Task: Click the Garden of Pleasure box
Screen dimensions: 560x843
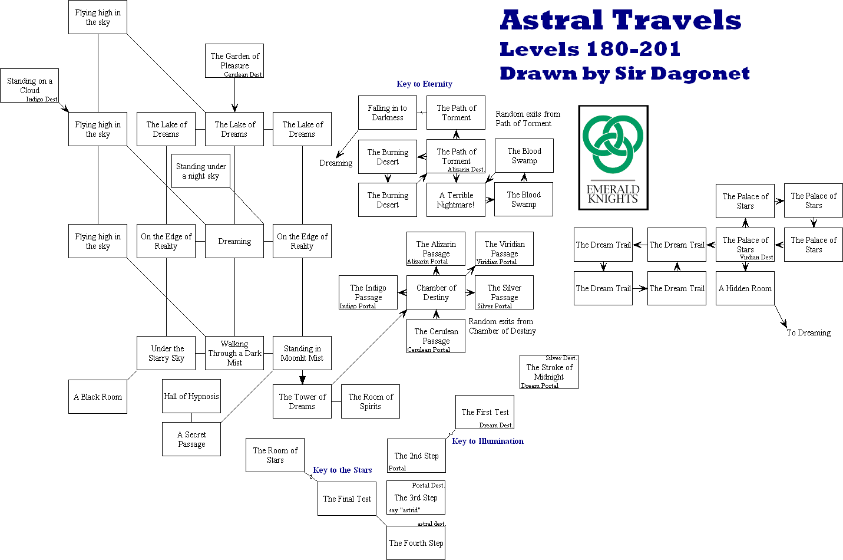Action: point(234,61)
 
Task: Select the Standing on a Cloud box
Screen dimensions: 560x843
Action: point(29,85)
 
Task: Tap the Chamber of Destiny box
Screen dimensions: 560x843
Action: point(436,292)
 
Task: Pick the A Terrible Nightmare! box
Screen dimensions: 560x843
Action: point(455,200)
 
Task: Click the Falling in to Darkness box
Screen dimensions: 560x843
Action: point(388,113)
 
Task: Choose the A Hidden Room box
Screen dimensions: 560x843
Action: point(745,288)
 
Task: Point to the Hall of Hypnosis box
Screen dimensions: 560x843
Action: point(191,396)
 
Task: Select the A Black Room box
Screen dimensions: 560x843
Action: point(98,397)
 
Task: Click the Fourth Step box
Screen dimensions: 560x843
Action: point(416,543)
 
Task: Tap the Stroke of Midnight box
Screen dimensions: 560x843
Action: point(549,372)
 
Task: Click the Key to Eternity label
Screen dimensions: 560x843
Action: point(424,84)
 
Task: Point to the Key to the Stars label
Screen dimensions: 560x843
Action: point(342,470)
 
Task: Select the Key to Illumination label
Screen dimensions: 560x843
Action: point(488,441)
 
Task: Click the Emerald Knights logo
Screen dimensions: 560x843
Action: point(613,157)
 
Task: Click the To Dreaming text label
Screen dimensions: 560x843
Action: point(808,332)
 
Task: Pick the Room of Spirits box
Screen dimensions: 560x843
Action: point(371,401)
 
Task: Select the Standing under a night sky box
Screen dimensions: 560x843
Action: point(201,171)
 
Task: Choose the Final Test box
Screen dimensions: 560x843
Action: point(347,499)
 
